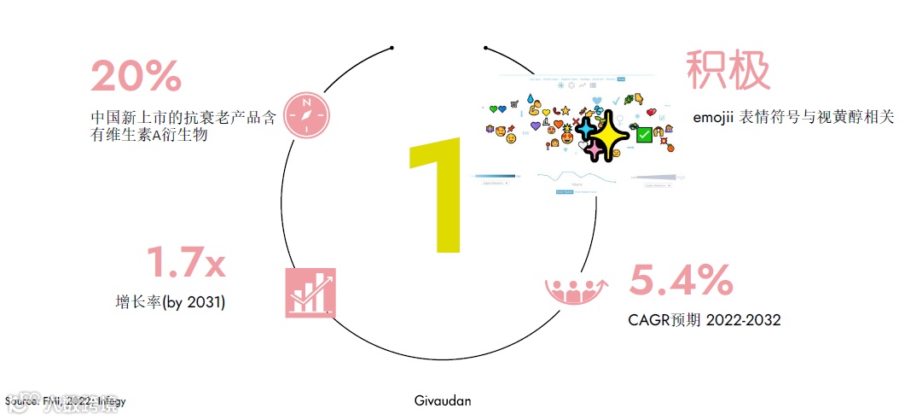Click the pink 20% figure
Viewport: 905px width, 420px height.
[x=136, y=76]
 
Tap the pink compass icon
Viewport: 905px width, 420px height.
[x=306, y=114]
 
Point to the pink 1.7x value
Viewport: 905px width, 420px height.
[x=186, y=262]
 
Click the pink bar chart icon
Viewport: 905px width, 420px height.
[x=310, y=292]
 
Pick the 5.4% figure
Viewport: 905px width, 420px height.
[x=681, y=280]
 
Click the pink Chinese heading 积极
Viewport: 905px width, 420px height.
[x=728, y=70]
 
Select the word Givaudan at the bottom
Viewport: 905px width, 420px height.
[x=442, y=400]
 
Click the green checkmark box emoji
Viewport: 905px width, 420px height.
[x=645, y=133]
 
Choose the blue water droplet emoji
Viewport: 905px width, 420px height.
[x=530, y=98]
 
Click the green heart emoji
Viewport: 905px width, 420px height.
[x=492, y=109]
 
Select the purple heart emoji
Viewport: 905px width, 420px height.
[x=536, y=126]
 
